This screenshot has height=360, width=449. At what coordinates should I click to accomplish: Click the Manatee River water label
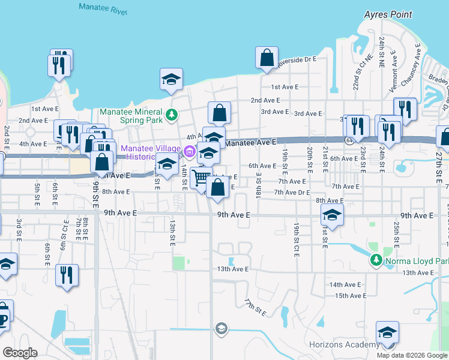(x=99, y=8)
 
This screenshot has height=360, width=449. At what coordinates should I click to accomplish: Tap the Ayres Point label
(x=388, y=14)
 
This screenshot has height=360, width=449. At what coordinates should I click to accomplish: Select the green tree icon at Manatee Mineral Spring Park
(x=171, y=113)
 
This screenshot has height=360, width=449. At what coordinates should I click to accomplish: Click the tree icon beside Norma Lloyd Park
(x=376, y=260)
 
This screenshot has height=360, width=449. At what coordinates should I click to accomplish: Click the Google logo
(x=20, y=352)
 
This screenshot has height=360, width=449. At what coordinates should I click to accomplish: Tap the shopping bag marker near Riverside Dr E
(x=267, y=58)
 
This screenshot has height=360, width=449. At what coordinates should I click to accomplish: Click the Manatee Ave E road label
(x=250, y=142)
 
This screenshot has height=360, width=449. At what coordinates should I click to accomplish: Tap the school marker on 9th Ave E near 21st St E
(x=332, y=214)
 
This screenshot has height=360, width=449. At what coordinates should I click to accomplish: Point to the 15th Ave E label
(x=351, y=296)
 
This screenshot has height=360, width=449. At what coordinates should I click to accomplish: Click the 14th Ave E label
(x=345, y=284)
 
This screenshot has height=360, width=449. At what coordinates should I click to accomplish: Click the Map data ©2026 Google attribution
(x=412, y=355)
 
